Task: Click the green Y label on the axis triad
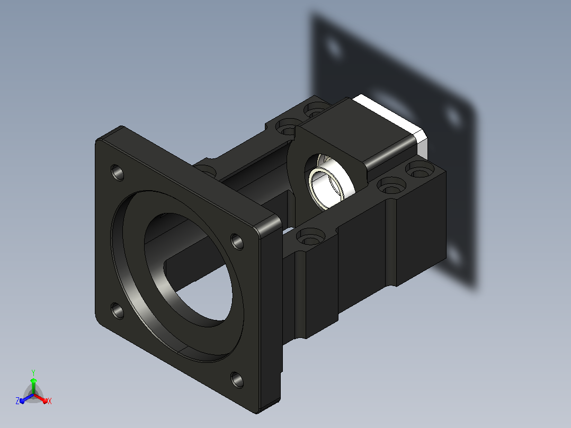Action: pyautogui.click(x=33, y=372)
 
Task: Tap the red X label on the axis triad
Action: pyautogui.click(x=50, y=401)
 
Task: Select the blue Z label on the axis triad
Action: pyautogui.click(x=17, y=400)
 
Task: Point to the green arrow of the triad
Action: pyautogui.click(x=33, y=385)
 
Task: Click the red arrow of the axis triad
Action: pyautogui.click(x=41, y=398)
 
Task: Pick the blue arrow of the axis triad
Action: pyautogui.click(x=26, y=398)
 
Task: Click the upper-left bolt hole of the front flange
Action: pyautogui.click(x=117, y=172)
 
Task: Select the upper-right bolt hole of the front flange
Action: pyautogui.click(x=237, y=242)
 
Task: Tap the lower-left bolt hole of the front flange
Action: pyautogui.click(x=117, y=311)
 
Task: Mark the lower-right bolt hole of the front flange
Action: pyautogui.click(x=237, y=380)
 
